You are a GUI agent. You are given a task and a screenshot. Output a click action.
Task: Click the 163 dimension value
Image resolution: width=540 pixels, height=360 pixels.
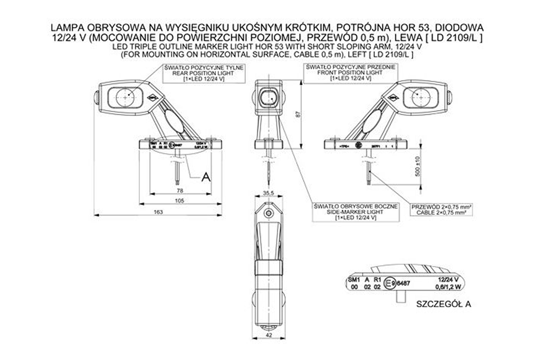158,212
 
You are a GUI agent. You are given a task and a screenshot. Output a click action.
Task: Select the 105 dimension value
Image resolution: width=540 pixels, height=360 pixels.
180,201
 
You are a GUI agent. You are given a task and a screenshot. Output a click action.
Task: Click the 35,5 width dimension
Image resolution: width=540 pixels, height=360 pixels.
268,193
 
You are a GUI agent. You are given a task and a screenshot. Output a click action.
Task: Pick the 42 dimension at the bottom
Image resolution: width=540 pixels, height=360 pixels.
269,335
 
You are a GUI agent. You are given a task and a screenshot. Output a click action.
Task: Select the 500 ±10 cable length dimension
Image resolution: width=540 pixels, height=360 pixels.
417,166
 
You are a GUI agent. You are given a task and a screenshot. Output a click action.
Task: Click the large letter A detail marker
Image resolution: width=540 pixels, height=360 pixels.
206,177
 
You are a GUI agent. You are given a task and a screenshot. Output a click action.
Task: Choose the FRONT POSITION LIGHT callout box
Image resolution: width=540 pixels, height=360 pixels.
351,72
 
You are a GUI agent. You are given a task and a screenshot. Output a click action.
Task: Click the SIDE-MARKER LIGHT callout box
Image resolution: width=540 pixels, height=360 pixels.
356,212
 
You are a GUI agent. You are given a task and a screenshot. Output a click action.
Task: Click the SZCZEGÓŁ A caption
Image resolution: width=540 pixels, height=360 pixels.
444,304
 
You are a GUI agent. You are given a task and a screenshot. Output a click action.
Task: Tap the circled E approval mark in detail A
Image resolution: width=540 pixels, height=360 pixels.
388,283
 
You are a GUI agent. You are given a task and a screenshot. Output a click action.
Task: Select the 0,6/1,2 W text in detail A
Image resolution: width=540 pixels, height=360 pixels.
448,287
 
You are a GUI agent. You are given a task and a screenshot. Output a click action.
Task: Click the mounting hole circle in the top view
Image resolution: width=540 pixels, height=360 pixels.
268,213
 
